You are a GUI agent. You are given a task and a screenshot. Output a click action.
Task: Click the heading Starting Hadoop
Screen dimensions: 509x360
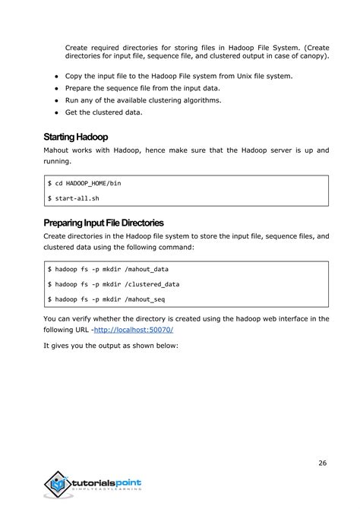(x=77, y=138)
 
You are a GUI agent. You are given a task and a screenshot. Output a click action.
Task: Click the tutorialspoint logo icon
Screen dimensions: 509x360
(x=56, y=485)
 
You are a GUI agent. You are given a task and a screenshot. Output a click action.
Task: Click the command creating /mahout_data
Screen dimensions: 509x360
(x=110, y=269)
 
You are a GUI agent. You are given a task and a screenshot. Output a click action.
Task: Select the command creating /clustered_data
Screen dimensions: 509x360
(x=114, y=283)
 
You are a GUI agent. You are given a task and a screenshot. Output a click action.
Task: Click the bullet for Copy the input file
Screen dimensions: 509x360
(x=57, y=77)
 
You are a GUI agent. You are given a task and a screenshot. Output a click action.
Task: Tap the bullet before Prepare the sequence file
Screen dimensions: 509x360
(x=57, y=89)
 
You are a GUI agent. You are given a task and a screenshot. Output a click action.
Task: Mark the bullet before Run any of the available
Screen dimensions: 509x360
(x=57, y=100)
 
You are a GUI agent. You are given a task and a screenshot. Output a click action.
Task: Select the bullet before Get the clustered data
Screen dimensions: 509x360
(x=57, y=112)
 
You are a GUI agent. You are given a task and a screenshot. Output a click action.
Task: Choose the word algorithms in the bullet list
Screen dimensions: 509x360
(x=200, y=100)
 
